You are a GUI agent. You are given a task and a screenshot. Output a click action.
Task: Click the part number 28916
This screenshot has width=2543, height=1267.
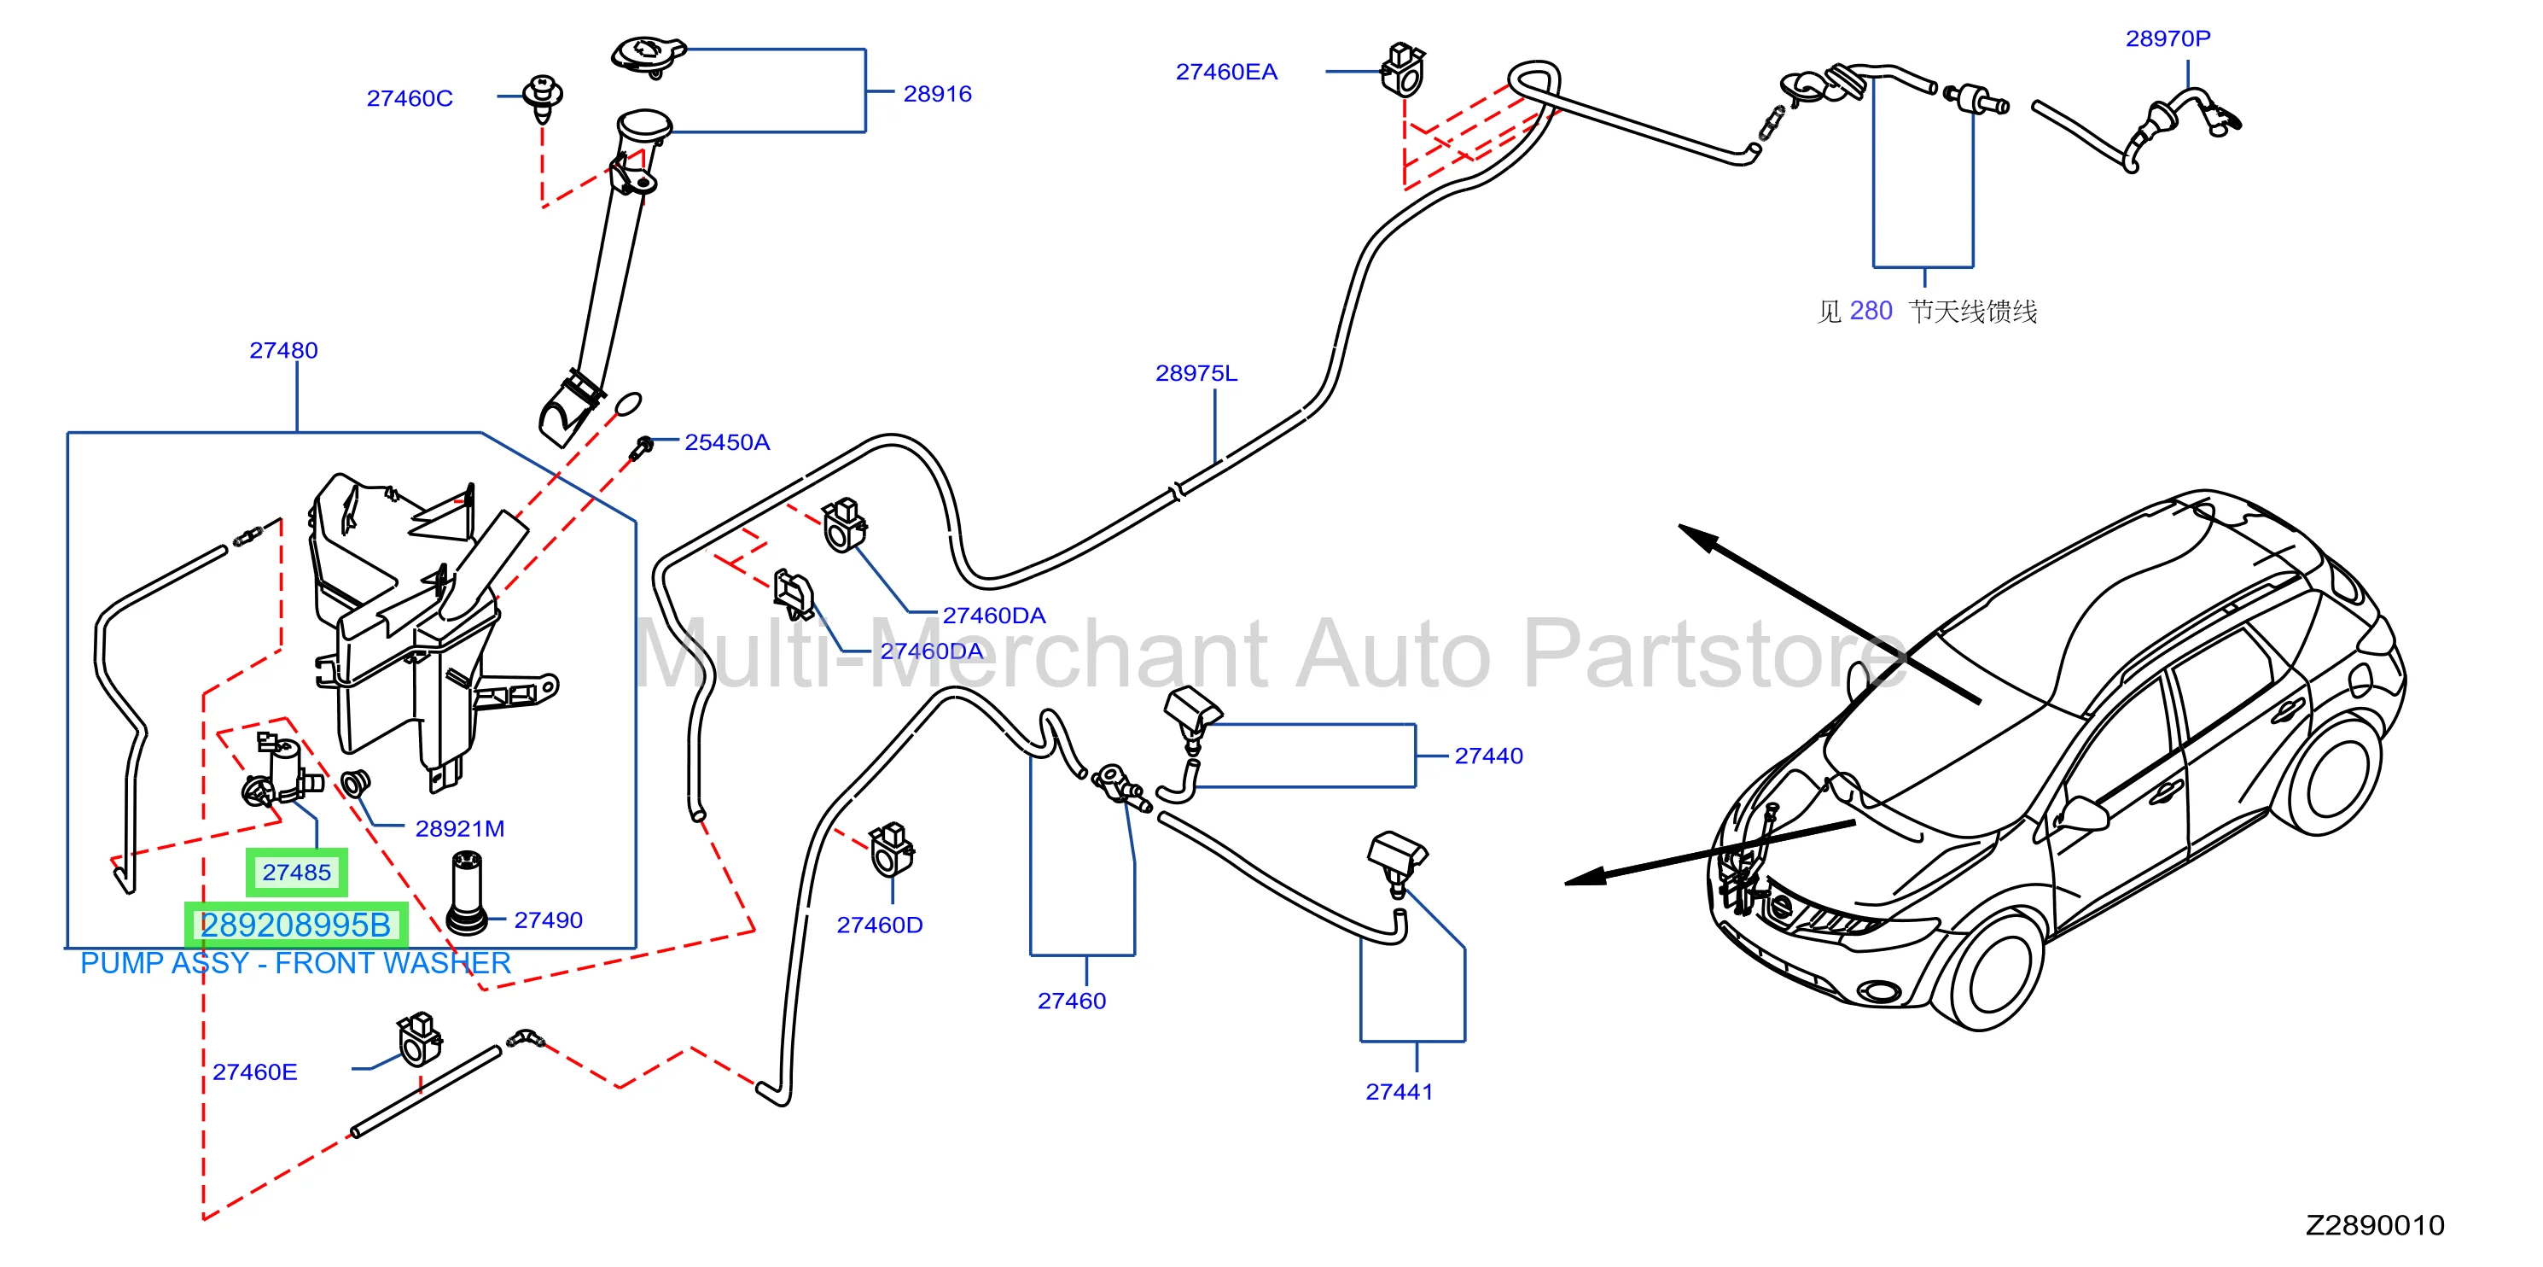click(937, 94)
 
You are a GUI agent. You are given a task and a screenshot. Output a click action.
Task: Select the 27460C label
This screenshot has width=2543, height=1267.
click(410, 99)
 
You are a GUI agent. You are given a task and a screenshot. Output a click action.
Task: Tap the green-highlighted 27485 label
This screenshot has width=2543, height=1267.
click(296, 872)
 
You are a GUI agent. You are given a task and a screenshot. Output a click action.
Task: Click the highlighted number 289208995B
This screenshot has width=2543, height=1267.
click(295, 925)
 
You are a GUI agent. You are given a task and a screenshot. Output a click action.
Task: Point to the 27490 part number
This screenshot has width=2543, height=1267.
click(548, 920)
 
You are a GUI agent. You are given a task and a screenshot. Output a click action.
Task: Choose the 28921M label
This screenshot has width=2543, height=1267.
click(459, 828)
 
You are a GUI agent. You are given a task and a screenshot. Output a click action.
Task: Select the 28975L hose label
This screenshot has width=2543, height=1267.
click(1196, 373)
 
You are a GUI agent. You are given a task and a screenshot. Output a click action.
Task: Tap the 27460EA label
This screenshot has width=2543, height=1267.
click(1226, 72)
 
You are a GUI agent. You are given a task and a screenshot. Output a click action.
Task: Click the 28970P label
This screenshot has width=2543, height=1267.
click(2168, 38)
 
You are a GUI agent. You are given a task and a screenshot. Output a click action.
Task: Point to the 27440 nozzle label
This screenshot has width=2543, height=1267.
click(1489, 756)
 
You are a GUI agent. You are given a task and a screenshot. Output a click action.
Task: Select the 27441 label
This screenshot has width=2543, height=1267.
click(1399, 1091)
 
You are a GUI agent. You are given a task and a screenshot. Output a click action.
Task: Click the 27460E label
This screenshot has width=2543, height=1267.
click(254, 1071)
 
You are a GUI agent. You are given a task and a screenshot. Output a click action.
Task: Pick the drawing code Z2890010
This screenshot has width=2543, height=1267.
click(2375, 1225)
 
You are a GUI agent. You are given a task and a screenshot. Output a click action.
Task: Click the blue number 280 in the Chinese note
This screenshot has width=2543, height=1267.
click(1871, 311)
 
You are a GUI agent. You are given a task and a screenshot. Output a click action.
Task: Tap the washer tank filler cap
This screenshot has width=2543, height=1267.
click(648, 55)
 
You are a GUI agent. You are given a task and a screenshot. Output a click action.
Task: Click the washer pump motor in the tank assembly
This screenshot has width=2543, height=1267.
click(282, 773)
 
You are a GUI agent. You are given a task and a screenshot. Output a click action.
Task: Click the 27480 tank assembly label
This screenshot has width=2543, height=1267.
click(283, 351)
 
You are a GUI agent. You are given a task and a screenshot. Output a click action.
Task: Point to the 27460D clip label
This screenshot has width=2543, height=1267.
click(880, 925)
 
